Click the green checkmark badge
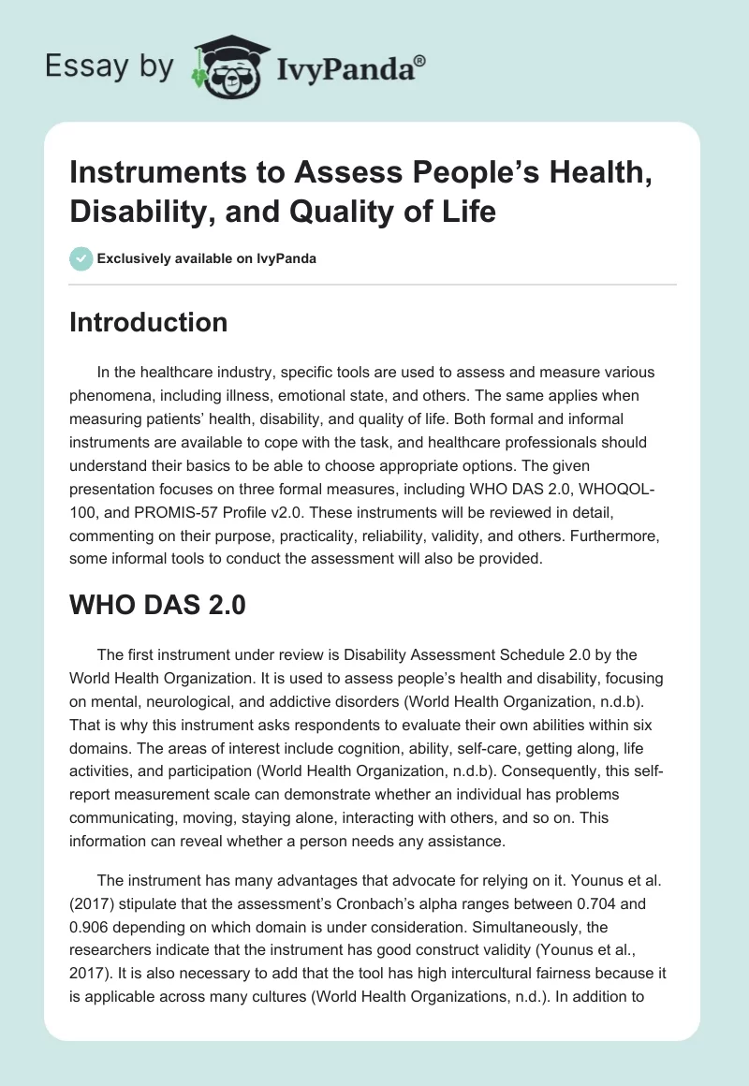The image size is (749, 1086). coord(81,258)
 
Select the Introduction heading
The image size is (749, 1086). coord(149,323)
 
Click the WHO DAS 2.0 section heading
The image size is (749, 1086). coord(158,605)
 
